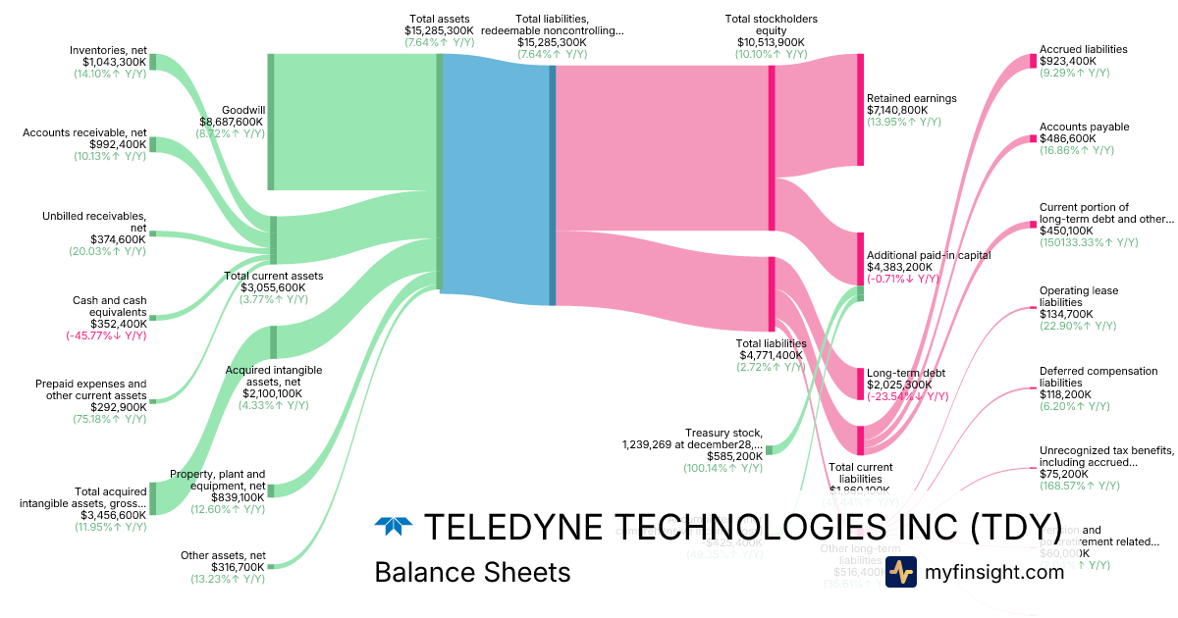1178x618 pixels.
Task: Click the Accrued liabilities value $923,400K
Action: point(1068,61)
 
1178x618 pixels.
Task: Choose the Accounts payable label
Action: point(1084,127)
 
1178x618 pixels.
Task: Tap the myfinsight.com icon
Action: point(900,571)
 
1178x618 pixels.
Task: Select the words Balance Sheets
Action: point(472,572)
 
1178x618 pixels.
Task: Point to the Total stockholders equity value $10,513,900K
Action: point(771,42)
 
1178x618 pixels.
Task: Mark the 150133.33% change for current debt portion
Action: point(1089,242)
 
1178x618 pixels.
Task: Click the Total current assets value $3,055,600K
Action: point(273,287)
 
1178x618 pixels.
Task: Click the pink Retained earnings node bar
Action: point(860,109)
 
